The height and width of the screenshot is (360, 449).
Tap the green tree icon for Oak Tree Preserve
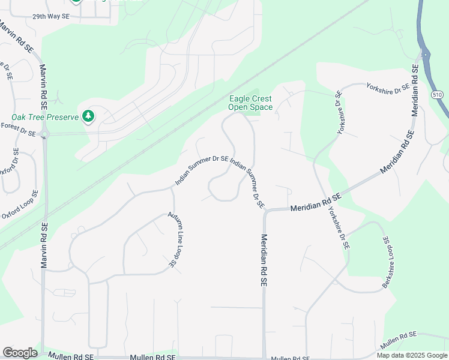[x=89, y=116]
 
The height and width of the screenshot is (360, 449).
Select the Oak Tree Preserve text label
[x=45, y=117]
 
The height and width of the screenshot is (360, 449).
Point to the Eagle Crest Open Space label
[x=250, y=103]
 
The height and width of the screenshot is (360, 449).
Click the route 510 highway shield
[x=437, y=95]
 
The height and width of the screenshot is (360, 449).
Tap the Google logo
[x=20, y=353]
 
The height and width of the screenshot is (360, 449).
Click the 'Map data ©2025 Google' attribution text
[x=412, y=355]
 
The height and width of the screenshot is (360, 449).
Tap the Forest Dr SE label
[x=19, y=128]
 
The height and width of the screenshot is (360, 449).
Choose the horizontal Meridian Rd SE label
[x=316, y=206]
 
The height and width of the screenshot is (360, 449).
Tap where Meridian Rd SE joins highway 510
[x=425, y=55]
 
